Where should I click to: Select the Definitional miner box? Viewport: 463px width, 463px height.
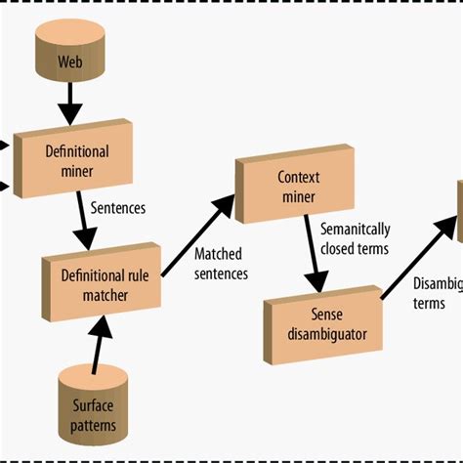point(76,158)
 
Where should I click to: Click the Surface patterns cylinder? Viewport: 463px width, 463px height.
point(94,402)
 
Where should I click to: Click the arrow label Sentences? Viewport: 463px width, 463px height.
point(119,207)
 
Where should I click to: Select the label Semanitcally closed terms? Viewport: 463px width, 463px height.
point(354,238)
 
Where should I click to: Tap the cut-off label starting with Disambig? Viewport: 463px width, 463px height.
point(436,293)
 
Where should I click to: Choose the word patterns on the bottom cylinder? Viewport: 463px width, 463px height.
point(94,426)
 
